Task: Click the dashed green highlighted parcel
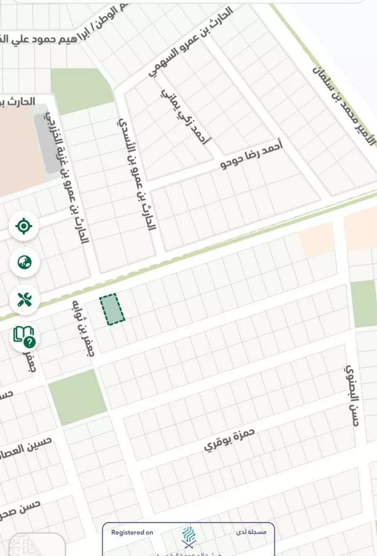pos(112,309)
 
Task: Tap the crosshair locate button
pos(24,226)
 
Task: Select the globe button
pos(24,262)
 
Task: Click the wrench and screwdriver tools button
pos(24,300)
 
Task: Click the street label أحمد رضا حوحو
pos(252,155)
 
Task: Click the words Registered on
pos(132,532)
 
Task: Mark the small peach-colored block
pos(317,240)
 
